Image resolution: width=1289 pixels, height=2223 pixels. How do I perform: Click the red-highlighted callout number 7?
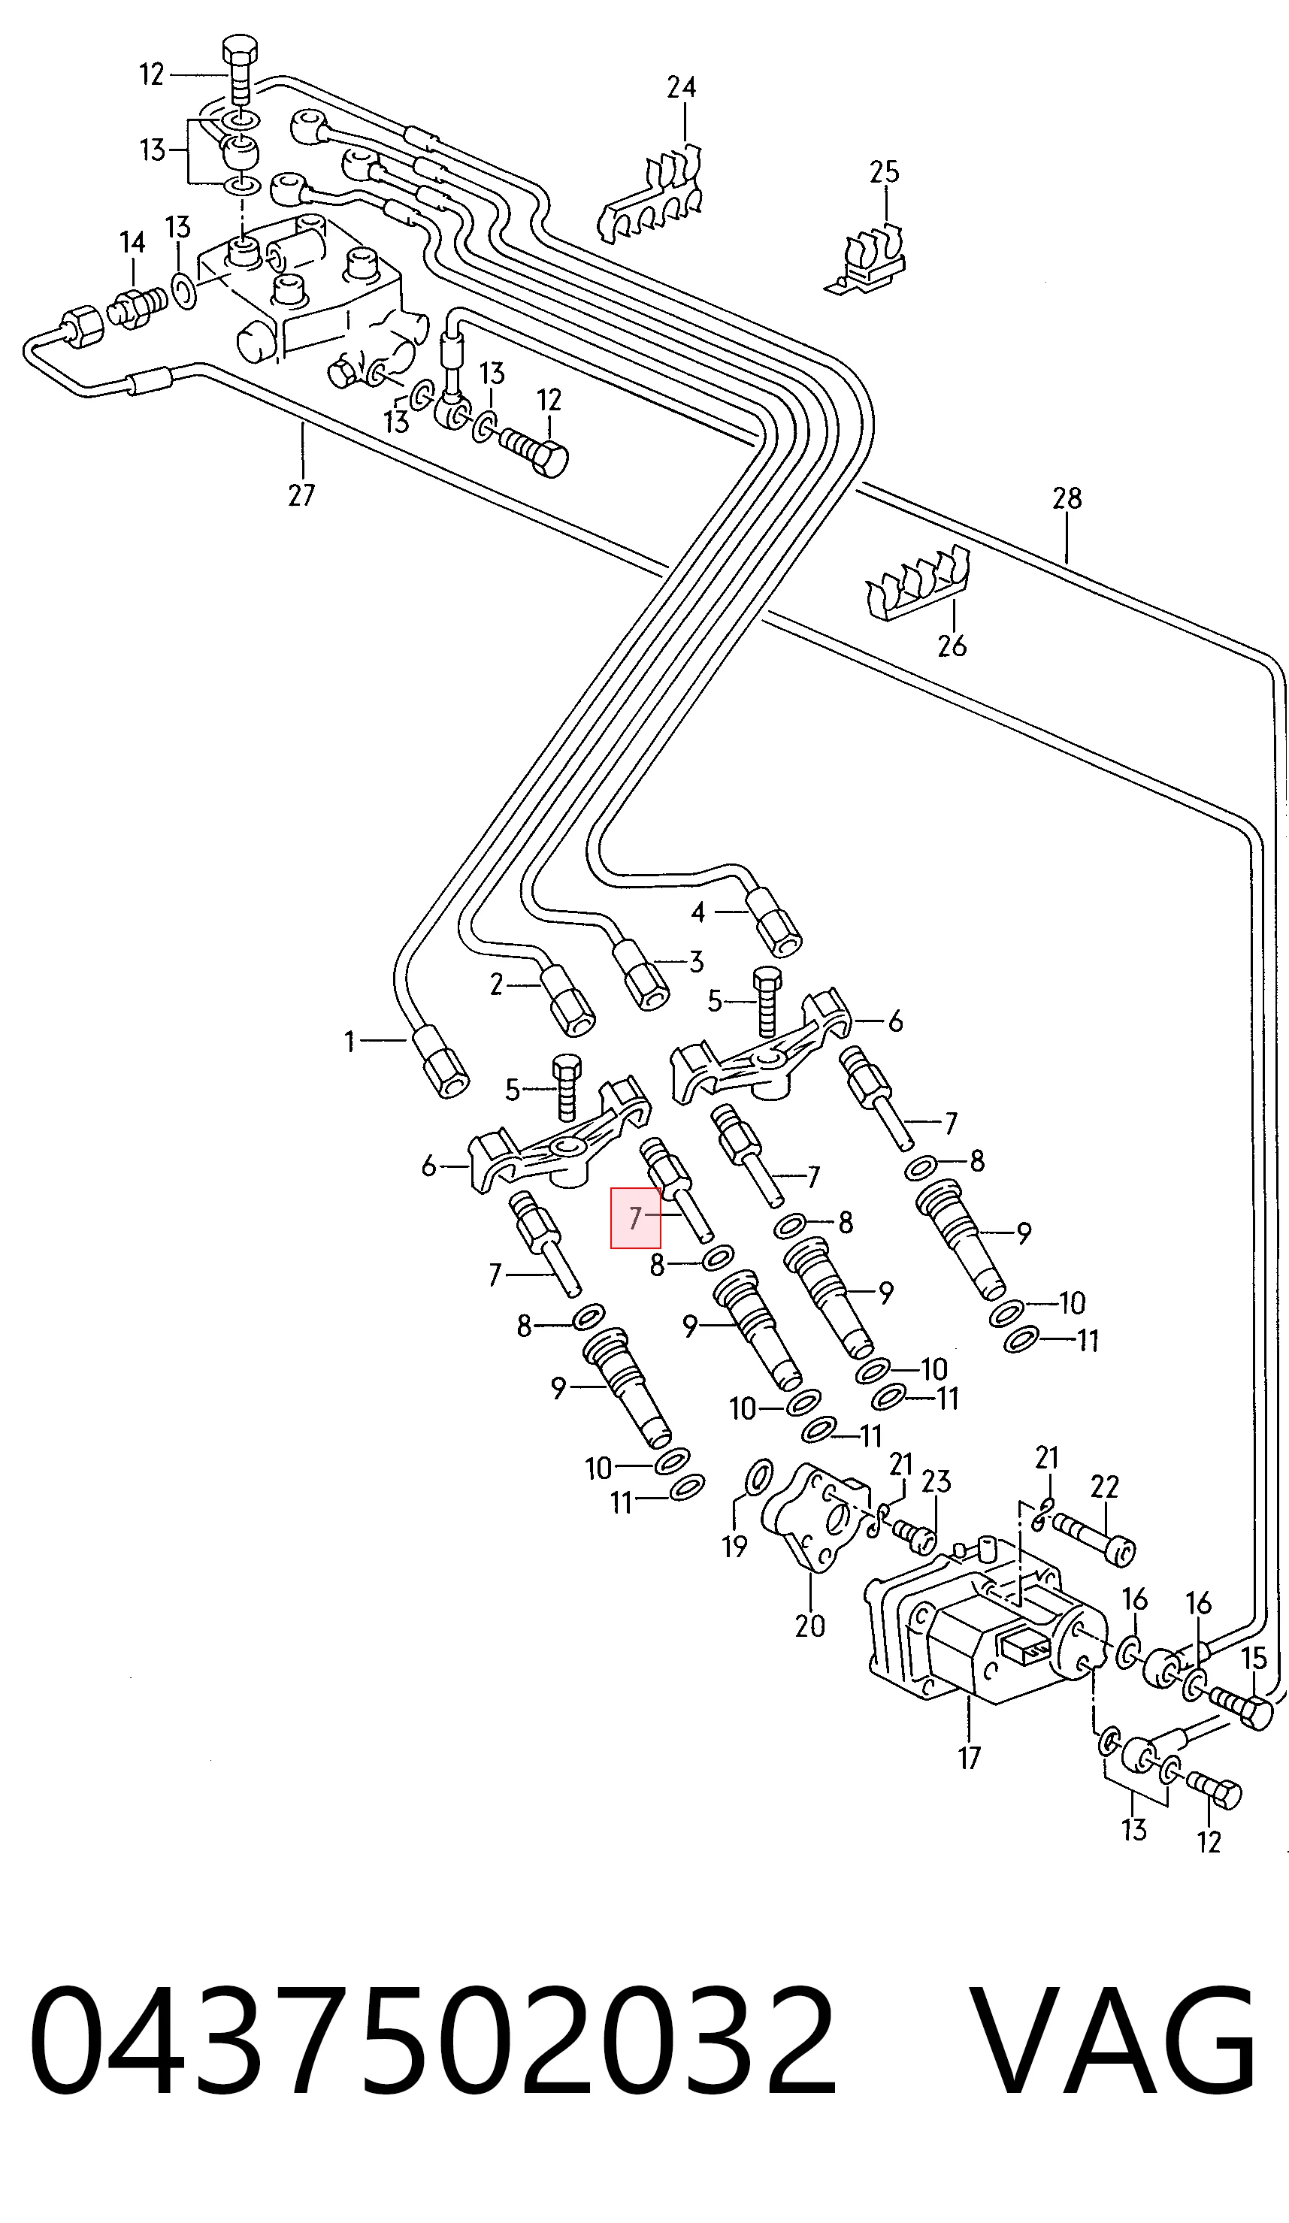pos(635,1218)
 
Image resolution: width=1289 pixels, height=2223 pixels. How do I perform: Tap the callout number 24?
pos(681,87)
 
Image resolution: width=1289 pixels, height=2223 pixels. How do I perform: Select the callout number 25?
pos(884,171)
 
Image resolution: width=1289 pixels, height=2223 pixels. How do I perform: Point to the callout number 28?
pos(1067,498)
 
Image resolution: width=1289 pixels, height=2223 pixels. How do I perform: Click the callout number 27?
pos(301,496)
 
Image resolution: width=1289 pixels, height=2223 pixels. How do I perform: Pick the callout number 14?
pos(132,242)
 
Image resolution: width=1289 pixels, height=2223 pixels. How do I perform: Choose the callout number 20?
pos(810,1625)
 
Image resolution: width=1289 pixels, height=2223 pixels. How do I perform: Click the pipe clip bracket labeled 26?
pos(918,584)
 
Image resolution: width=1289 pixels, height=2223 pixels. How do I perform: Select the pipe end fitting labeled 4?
pos(773,924)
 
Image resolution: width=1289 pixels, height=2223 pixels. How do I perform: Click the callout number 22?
pos(1103,1487)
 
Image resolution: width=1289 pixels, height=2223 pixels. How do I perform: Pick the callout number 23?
pos(936,1480)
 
